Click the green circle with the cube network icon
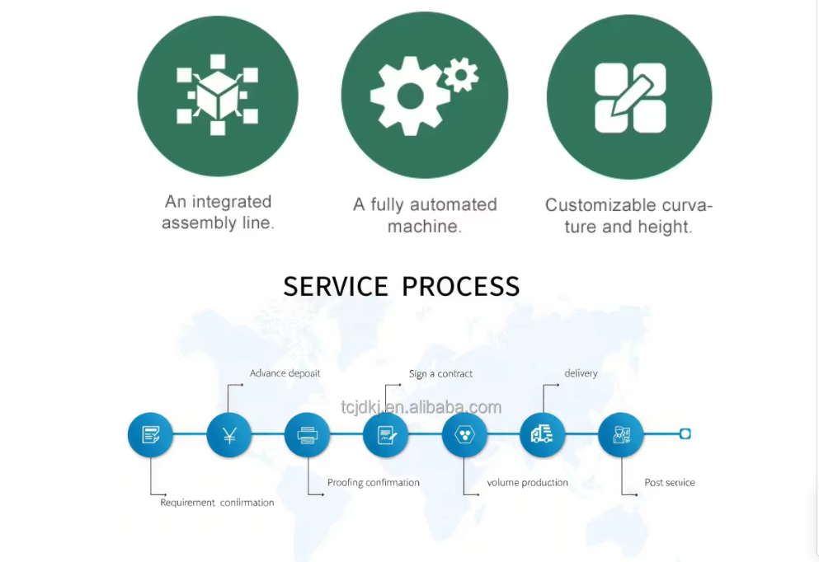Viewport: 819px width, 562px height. [217, 96]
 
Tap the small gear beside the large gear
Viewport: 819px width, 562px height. [461, 75]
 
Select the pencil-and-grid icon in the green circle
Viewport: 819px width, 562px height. [630, 98]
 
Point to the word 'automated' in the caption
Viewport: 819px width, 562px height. [453, 204]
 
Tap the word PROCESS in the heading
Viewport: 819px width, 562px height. [461, 286]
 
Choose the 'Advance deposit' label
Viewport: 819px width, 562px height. [285, 373]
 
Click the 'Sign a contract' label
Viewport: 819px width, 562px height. [440, 373]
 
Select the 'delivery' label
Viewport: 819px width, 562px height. [581, 373]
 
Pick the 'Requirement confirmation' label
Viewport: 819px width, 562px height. [217, 502]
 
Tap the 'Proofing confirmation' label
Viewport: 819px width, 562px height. [373, 483]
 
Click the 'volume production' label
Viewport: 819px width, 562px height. [527, 483]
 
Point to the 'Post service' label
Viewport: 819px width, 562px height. [669, 483]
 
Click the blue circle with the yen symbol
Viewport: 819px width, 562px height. [229, 435]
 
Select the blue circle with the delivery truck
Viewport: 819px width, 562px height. [542, 434]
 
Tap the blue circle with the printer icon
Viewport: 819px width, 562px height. [307, 435]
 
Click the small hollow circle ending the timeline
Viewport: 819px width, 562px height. [685, 433]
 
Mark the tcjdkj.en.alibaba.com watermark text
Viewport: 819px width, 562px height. [421, 407]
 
